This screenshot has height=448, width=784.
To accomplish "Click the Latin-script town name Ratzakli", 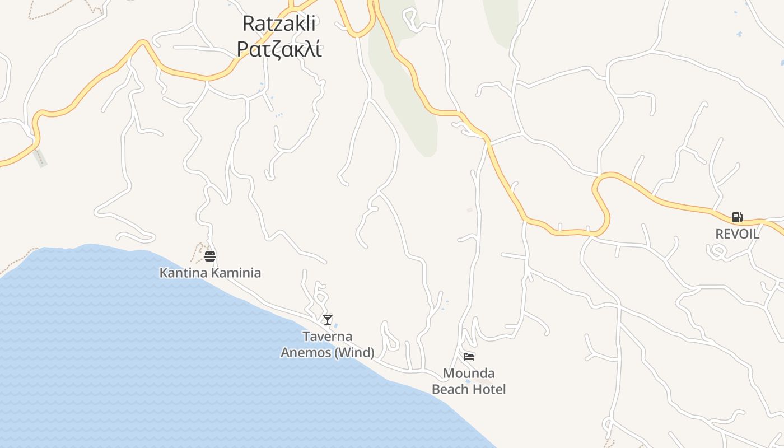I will pyautogui.click(x=279, y=24).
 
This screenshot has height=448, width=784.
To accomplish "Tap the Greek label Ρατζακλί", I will pyautogui.click(x=279, y=49).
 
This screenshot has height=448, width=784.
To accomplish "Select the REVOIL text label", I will pyautogui.click(x=737, y=234).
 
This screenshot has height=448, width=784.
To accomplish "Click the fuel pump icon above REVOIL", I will pyautogui.click(x=737, y=217).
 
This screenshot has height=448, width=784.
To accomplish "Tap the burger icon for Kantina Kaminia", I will pyautogui.click(x=210, y=256).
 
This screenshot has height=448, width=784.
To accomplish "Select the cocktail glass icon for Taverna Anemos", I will pyautogui.click(x=328, y=320).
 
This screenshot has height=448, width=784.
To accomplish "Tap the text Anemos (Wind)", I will pyautogui.click(x=328, y=353).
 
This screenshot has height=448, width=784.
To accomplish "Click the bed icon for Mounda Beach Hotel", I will pyautogui.click(x=469, y=356).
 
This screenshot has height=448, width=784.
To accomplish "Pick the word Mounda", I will pyautogui.click(x=469, y=373).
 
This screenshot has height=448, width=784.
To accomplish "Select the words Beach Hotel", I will pyautogui.click(x=469, y=389).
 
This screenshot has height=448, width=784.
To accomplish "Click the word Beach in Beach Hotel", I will pyautogui.click(x=450, y=389).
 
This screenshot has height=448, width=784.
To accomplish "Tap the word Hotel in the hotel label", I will pyautogui.click(x=489, y=389).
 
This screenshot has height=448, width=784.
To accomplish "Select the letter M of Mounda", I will pyautogui.click(x=448, y=373).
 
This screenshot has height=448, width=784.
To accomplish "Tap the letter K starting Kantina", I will pyautogui.click(x=164, y=273).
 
